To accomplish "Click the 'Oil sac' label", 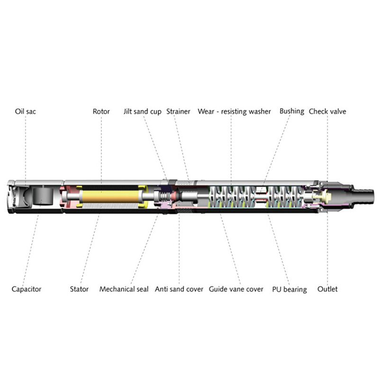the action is click(26, 111).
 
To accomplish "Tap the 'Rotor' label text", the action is click(101, 111).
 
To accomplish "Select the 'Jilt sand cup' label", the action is click(143, 112).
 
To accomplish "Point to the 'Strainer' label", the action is click(179, 111).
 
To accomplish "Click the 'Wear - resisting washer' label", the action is click(234, 111).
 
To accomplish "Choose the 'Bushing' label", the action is click(292, 111).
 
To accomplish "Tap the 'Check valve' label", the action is click(327, 111).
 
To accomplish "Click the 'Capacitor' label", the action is click(27, 289).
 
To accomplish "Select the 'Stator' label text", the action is click(79, 289).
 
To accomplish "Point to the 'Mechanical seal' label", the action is click(124, 289).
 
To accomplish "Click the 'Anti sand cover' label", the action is click(179, 289).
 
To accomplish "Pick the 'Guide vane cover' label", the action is click(236, 289).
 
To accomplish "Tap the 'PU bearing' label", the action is click(289, 289).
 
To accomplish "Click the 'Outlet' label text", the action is click(327, 289).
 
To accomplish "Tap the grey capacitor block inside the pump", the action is click(43, 196).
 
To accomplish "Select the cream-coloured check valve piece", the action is click(322, 196).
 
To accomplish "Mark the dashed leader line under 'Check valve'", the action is click(327, 148).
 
